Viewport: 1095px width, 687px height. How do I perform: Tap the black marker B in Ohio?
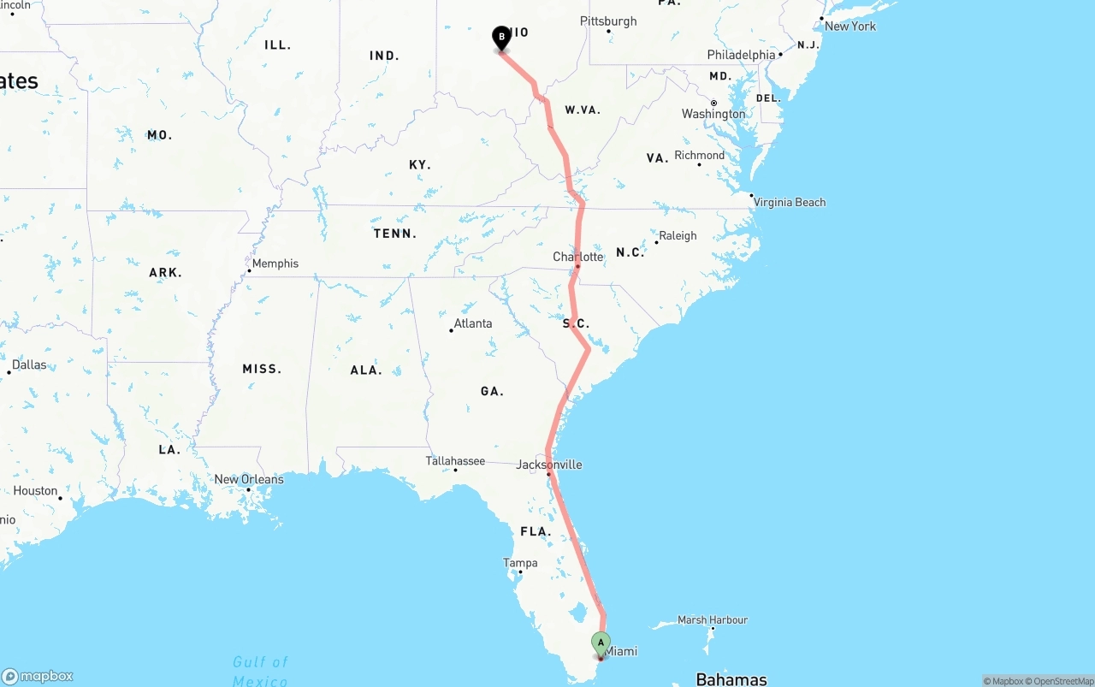(x=501, y=38)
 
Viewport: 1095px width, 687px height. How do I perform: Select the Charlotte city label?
(x=578, y=257)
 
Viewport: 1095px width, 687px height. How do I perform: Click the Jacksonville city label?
(x=549, y=465)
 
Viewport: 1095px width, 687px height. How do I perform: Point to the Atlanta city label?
(x=473, y=323)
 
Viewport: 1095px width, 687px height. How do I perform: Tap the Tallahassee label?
(x=455, y=461)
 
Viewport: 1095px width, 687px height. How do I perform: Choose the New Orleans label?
(x=248, y=479)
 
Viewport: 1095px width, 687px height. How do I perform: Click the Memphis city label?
(x=275, y=264)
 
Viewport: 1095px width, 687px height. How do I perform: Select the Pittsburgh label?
(x=608, y=21)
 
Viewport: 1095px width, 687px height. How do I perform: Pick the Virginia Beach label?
(x=790, y=202)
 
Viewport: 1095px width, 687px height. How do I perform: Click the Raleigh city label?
(x=678, y=235)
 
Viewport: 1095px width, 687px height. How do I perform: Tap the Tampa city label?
(x=520, y=563)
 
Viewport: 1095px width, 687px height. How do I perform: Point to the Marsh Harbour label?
(x=713, y=619)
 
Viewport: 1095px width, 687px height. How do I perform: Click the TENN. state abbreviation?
(x=395, y=234)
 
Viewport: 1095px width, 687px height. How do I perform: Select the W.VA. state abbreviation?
(x=583, y=110)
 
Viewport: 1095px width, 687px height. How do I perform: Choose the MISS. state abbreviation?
(x=262, y=369)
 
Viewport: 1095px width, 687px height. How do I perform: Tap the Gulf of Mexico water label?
(x=260, y=671)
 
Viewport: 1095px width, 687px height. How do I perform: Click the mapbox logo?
(x=38, y=676)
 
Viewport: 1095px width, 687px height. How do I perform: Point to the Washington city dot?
(x=713, y=104)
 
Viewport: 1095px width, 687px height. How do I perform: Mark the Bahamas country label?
(x=731, y=679)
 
